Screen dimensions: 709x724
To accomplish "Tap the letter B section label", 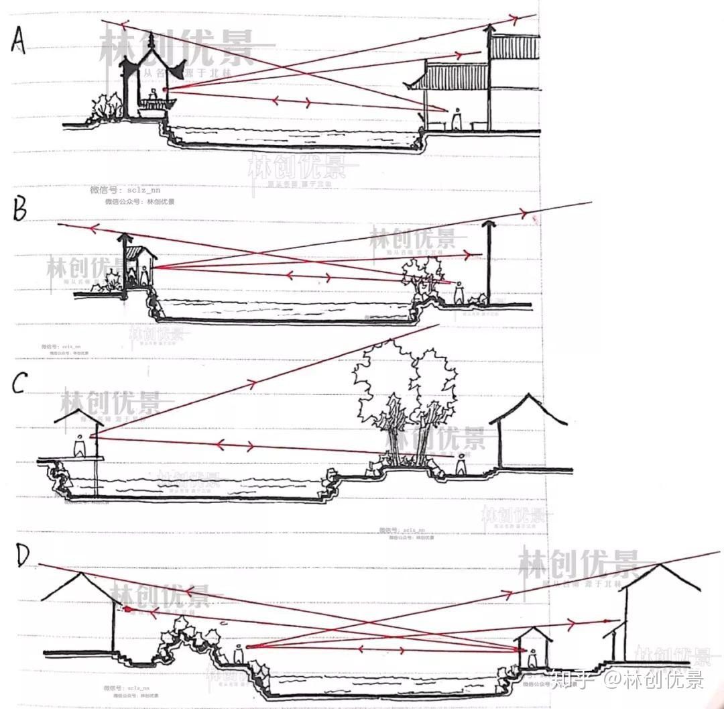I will (x=20, y=210).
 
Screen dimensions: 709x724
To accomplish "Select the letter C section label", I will (x=20, y=384).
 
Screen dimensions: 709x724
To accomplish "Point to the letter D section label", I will (x=23, y=556).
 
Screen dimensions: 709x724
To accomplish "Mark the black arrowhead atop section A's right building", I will (x=491, y=28).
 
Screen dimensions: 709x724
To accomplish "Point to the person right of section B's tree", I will (x=459, y=292).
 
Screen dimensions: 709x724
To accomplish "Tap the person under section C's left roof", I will (x=79, y=445).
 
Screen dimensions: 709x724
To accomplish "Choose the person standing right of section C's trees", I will (x=462, y=463).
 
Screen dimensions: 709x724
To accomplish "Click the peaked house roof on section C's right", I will (x=529, y=408).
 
